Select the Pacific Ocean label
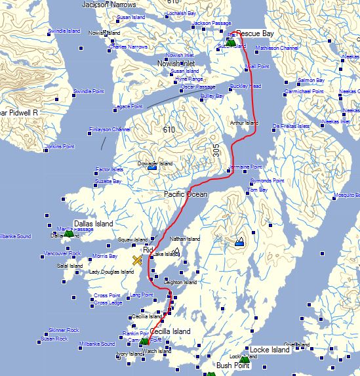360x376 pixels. tap(185, 195)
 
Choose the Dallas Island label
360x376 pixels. tap(94, 224)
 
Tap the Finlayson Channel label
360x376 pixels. tap(110, 130)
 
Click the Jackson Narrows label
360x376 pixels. tap(109, 5)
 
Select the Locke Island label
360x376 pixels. tap(270, 350)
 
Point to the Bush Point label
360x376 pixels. tap(233, 365)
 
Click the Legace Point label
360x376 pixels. tap(128, 106)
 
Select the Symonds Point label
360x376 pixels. tap(267, 180)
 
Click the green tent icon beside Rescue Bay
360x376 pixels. tap(231, 43)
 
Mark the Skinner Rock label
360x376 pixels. tap(64, 330)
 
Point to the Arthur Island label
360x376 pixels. tap(244, 123)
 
